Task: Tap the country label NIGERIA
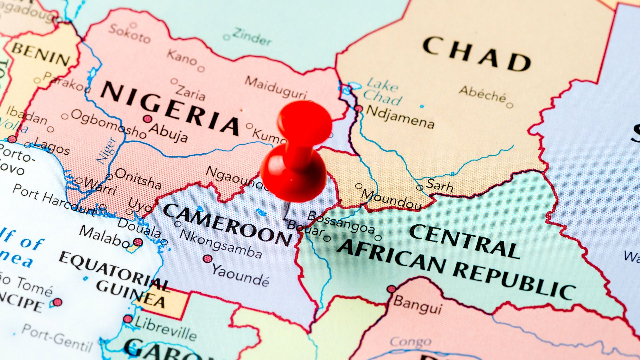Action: [x=170, y=108]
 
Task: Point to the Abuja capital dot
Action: [x=147, y=119]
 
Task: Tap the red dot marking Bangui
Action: [x=392, y=289]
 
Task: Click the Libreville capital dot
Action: [x=128, y=319]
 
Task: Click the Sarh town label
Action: [x=440, y=185]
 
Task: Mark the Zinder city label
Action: [x=252, y=37]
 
